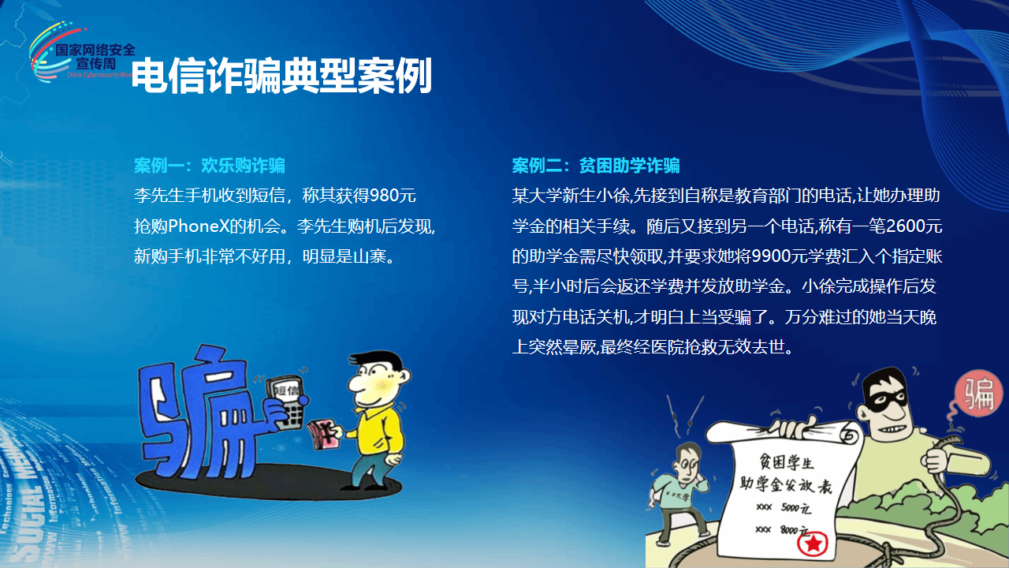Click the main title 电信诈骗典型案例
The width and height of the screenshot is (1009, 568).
click(x=282, y=76)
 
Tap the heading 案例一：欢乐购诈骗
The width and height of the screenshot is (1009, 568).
click(x=210, y=166)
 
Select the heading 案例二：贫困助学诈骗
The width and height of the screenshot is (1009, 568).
click(x=596, y=166)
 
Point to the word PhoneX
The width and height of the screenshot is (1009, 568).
click(x=198, y=226)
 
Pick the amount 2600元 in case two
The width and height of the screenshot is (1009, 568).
click(x=914, y=226)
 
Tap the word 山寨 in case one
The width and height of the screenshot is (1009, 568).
click(x=370, y=256)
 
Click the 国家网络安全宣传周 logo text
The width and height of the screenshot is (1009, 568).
click(x=95, y=57)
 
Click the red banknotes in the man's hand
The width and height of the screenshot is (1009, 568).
click(x=323, y=435)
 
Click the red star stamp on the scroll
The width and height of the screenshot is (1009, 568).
click(x=813, y=544)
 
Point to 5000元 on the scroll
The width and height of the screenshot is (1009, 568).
click(x=796, y=508)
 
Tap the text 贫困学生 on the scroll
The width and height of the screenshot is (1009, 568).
click(x=787, y=462)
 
